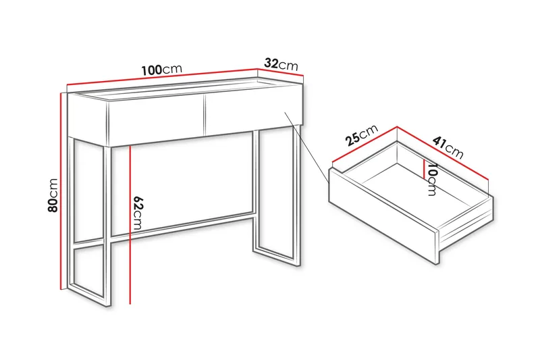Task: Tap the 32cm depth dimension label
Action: tap(281, 64)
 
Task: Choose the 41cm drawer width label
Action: tap(448, 147)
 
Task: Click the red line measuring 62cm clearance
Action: tap(129, 223)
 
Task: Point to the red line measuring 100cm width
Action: tap(162, 79)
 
